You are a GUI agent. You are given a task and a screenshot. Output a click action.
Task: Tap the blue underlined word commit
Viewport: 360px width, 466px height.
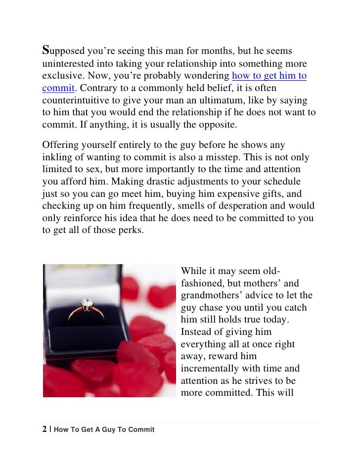coord(58,89)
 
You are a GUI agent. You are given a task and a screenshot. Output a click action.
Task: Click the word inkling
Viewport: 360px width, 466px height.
coord(56,157)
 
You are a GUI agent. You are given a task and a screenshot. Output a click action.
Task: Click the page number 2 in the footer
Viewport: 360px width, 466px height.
coord(45,429)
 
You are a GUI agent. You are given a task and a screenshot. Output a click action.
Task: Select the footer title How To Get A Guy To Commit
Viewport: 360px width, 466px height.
coord(104,430)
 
